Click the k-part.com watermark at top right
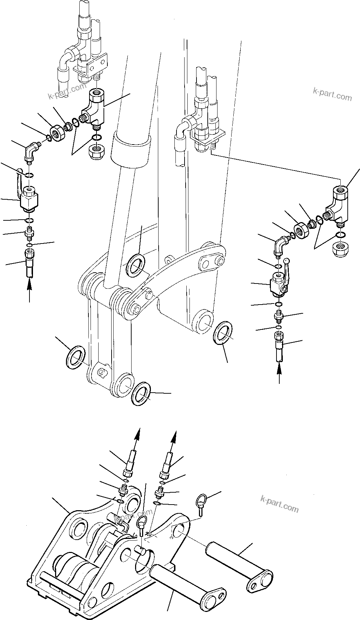[332, 94]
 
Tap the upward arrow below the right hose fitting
[279, 373]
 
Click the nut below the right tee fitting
[339, 248]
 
